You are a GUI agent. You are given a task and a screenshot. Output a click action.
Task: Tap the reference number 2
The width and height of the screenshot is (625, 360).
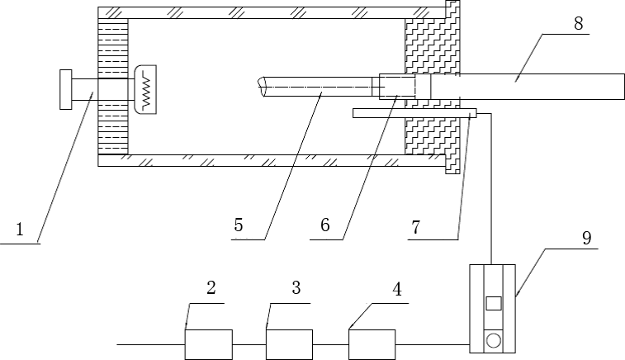click(x=211, y=288)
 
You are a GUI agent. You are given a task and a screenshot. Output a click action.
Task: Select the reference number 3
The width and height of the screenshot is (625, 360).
click(x=296, y=288)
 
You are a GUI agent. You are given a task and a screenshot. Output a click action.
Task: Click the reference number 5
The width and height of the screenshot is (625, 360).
click(x=239, y=223)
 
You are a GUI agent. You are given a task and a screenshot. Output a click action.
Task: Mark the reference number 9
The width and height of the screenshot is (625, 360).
click(x=586, y=239)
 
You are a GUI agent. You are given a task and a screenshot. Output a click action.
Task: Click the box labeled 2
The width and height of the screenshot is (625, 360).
click(x=208, y=343)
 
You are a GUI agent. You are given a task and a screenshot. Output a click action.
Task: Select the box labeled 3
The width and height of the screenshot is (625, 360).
click(x=289, y=343)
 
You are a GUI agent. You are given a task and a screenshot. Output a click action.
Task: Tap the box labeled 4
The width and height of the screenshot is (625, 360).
click(x=372, y=343)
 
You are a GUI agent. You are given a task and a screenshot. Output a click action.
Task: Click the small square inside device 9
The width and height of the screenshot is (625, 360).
click(x=493, y=303)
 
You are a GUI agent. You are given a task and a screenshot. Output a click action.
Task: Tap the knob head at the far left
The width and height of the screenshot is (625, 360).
click(x=65, y=89)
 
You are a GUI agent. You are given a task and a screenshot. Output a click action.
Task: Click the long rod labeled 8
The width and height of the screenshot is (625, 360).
click(x=528, y=86)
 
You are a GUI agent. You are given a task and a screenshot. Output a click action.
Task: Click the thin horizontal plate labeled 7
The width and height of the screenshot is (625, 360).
click(x=413, y=113)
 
